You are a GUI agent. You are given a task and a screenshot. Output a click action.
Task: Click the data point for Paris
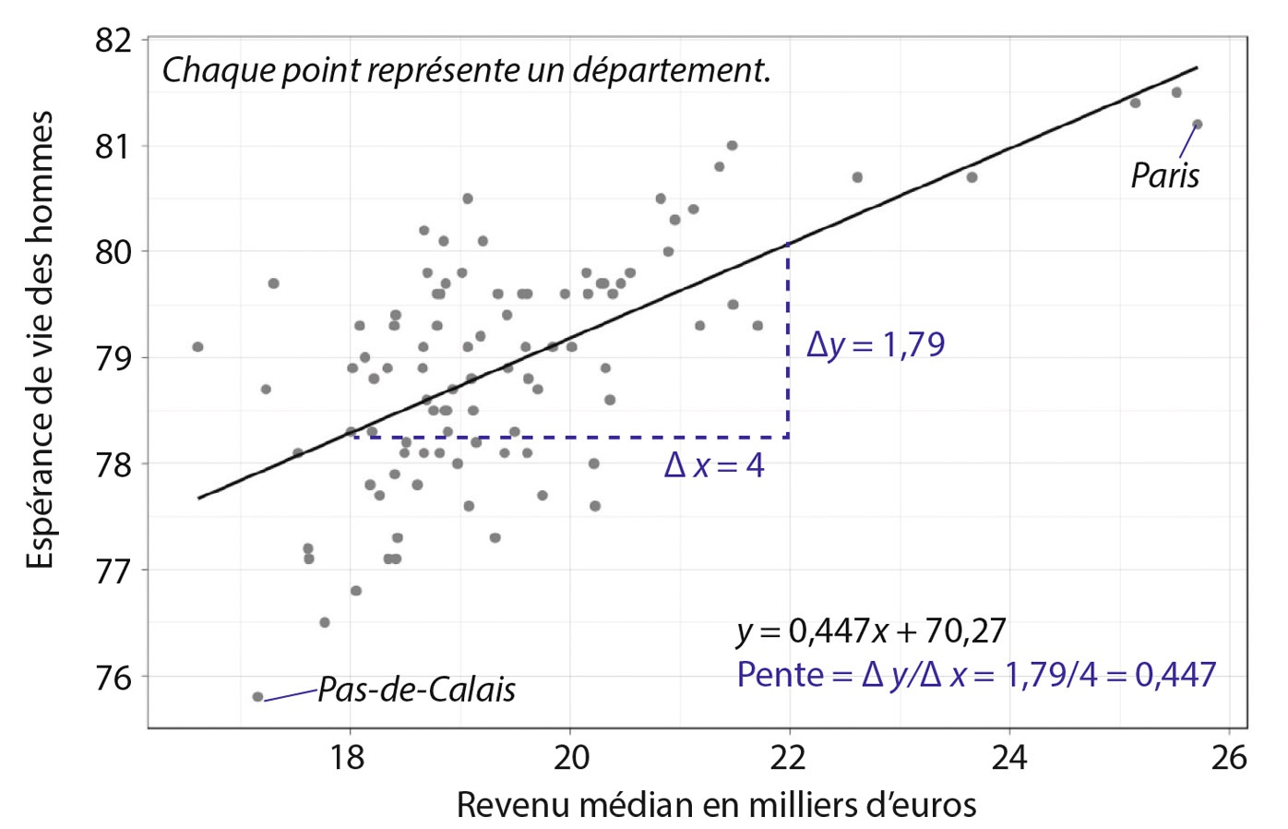point(1198,124)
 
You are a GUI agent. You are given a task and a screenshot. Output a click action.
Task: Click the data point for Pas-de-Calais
point(257,697)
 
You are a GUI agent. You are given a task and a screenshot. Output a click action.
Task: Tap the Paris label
point(1165,175)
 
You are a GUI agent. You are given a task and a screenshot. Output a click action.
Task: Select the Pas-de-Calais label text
point(416,690)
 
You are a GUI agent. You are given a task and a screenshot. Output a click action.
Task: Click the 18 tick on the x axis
point(350,757)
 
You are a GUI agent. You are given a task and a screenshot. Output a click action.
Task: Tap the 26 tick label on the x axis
point(1228,757)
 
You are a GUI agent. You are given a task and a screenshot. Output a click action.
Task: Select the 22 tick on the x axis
point(789,757)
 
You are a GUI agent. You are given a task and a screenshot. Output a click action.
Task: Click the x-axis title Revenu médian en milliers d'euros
point(716,805)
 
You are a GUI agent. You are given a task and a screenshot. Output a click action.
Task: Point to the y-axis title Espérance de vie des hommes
point(40,340)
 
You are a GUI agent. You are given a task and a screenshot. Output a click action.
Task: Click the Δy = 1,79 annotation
point(876,344)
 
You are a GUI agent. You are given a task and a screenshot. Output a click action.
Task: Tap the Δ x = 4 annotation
point(714,465)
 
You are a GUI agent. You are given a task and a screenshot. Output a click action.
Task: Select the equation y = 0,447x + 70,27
point(871,631)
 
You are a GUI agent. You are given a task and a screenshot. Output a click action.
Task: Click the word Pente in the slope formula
point(780,675)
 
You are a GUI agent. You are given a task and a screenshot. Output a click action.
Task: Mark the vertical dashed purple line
point(788,342)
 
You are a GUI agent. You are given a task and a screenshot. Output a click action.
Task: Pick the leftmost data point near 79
point(197,347)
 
